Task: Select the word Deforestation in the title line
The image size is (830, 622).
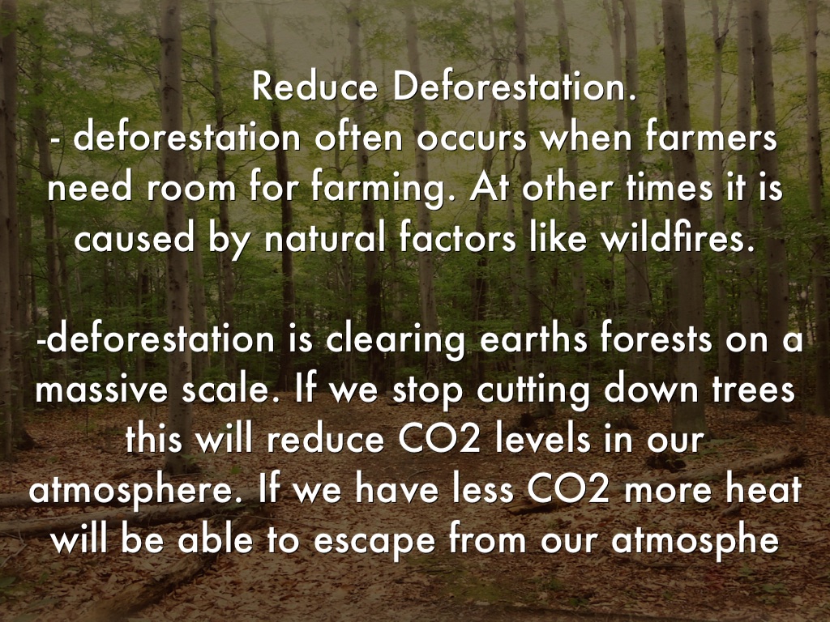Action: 511,87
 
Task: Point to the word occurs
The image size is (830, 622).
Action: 469,138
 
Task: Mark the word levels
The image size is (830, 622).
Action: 543,441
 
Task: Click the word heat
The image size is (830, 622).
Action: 762,491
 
